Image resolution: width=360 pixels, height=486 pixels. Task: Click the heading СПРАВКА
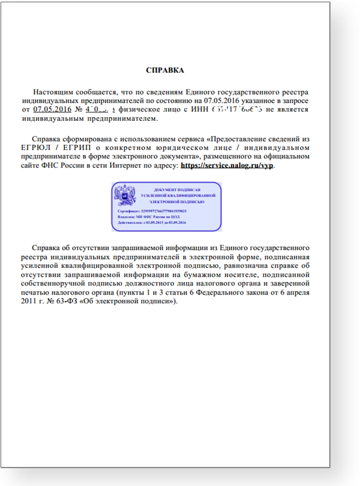(x=164, y=70)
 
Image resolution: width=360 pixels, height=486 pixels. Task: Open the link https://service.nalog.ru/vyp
(x=227, y=165)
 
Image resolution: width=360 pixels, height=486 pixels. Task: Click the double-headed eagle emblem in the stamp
(x=125, y=196)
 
